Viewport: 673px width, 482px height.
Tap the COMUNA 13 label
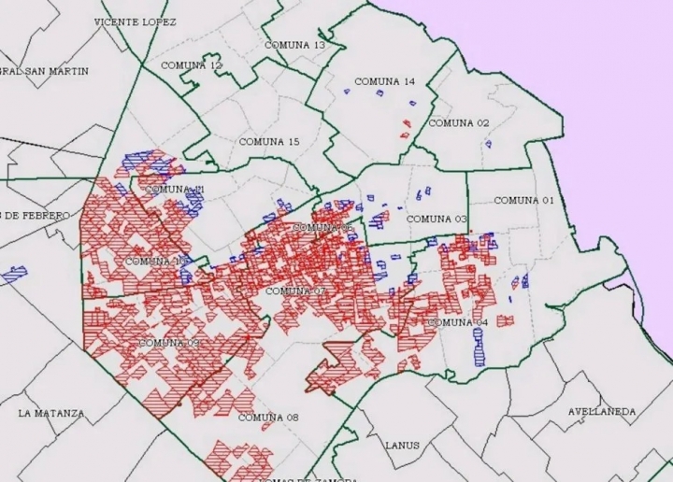click(x=294, y=45)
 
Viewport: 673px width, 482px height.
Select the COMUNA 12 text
click(x=192, y=65)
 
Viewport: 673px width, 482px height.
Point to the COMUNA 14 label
click(x=384, y=82)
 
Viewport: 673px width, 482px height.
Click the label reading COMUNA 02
click(x=458, y=123)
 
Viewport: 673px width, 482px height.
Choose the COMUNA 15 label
click(x=269, y=142)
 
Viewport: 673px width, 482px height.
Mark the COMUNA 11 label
click(x=175, y=190)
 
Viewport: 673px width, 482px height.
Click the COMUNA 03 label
click(x=437, y=220)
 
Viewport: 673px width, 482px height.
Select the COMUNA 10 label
click(x=155, y=262)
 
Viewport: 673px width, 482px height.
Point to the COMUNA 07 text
click(x=295, y=291)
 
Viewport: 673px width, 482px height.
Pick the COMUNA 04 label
click(x=458, y=323)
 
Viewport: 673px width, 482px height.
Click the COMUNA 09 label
click(x=169, y=343)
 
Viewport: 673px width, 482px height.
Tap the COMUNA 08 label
click(x=268, y=418)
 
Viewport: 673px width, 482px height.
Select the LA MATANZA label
click(x=50, y=413)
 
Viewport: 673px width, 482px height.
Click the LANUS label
click(x=402, y=446)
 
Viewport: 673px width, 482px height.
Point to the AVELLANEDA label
click(x=602, y=412)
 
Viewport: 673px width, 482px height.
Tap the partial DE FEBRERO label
click(x=36, y=216)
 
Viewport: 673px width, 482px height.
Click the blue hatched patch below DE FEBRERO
click(x=14, y=276)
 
